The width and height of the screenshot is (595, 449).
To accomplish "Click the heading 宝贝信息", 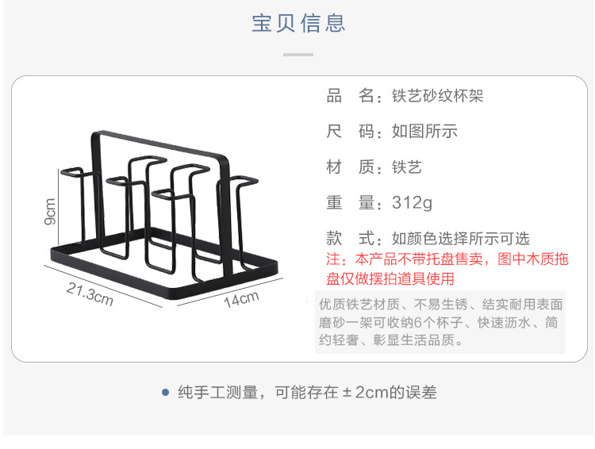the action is coord(298,23).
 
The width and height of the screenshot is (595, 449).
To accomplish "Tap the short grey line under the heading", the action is coord(298,55).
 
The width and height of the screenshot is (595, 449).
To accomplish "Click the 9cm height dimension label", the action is coord(50,212).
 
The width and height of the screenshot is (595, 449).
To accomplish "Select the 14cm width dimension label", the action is coord(241,300).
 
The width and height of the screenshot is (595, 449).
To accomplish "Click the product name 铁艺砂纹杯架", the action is coord(437,97).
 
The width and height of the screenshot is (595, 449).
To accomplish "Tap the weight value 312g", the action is coord(412,203).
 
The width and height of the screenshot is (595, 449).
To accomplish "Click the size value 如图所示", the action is coord(424,132).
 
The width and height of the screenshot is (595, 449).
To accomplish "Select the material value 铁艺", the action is coord(406,167).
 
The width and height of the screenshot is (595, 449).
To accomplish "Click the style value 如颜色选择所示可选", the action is coord(460,239).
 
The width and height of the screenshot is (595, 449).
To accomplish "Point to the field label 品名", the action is coord(350,97).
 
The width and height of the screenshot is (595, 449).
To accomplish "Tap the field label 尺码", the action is coord(350,132).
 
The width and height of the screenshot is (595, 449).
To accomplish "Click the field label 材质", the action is coord(350,167).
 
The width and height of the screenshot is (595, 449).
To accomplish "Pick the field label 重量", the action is coord(350,203).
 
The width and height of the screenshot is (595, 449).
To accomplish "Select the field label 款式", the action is coord(350,239).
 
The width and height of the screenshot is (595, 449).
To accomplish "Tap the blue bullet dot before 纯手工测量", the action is coord(165,392).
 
